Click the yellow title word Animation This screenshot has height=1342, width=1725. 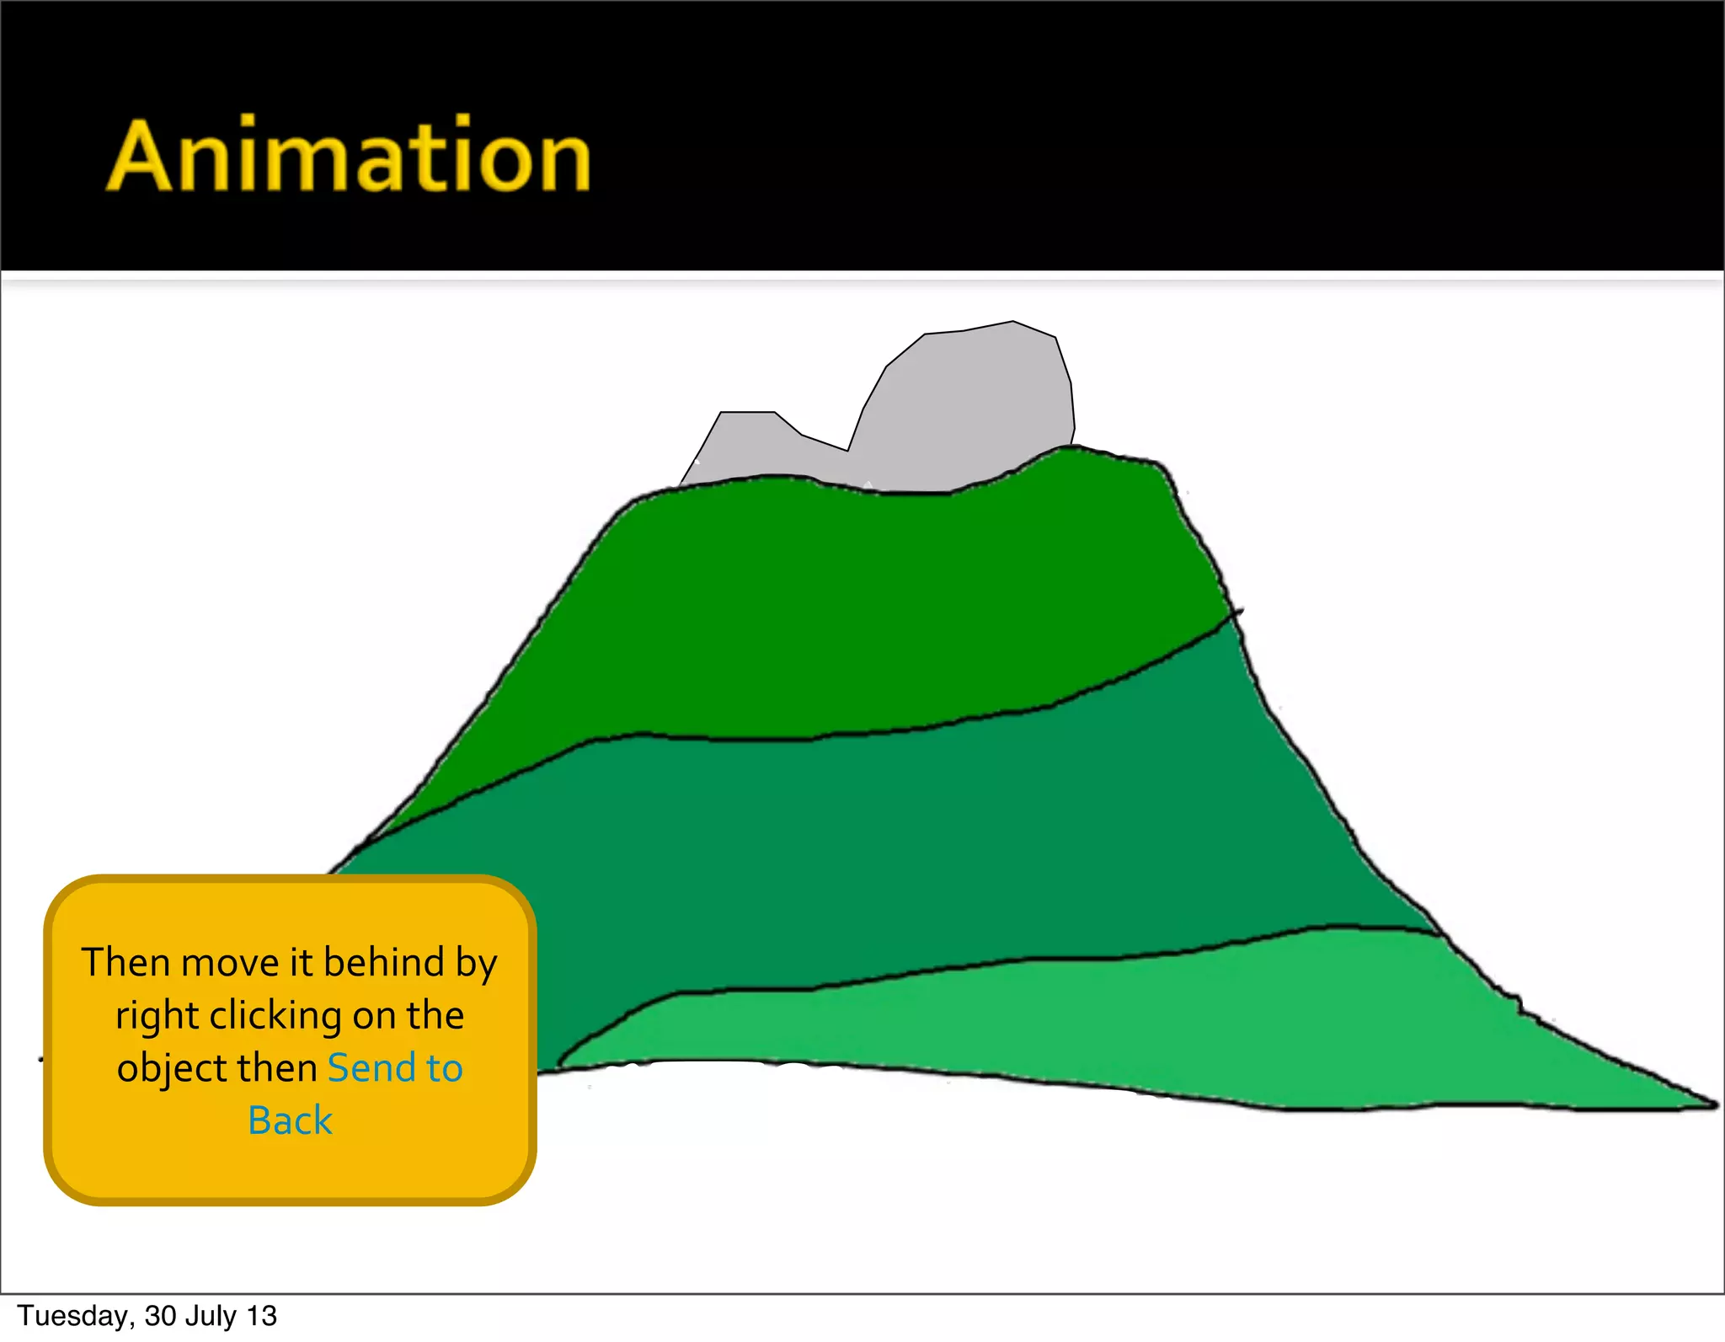348,156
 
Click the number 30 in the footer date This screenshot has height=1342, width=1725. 160,1316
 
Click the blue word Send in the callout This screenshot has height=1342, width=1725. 371,1068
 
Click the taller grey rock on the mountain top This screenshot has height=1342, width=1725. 969,404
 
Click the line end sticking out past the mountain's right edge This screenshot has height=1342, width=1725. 1238,611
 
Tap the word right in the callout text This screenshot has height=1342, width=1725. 157,1016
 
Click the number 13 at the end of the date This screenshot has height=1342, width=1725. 262,1316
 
